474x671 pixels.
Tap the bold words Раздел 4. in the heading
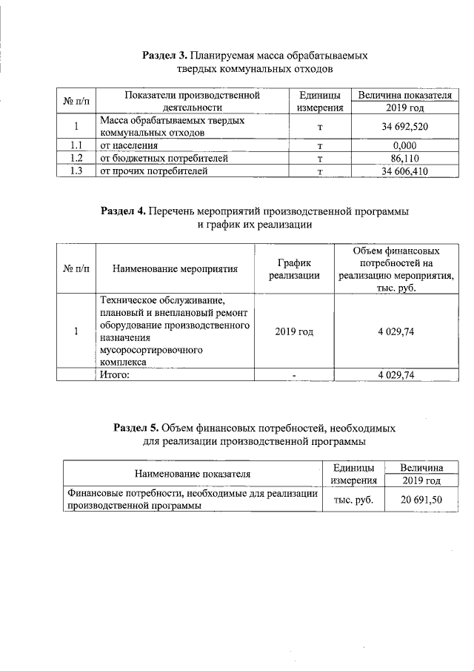point(123,211)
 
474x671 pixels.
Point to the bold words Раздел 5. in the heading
point(136,429)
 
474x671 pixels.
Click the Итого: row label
point(115,375)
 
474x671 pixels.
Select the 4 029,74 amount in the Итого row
point(395,375)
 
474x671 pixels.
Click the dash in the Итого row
point(293,376)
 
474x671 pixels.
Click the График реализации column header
point(293,268)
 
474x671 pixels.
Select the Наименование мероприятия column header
point(175,269)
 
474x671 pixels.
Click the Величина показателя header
point(404,96)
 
